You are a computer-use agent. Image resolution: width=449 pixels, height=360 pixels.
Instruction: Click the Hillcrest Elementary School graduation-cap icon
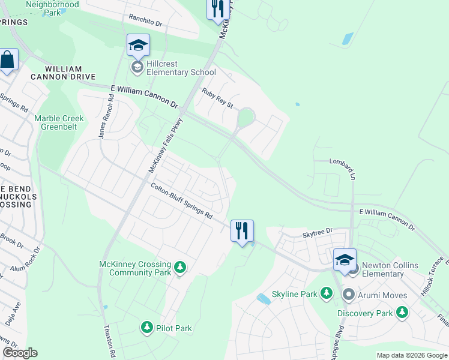coord(138,46)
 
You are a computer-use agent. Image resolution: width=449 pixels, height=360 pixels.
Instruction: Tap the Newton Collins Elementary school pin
coord(345,260)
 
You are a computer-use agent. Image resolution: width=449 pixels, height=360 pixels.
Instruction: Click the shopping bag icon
coord(7,60)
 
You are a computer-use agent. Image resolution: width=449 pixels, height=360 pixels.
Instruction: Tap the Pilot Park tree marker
coord(146,328)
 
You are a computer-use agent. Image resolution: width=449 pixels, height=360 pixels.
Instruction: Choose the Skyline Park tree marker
coord(326,293)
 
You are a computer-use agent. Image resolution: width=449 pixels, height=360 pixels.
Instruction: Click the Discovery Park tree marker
coord(402,313)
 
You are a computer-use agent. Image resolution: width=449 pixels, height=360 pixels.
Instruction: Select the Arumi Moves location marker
coord(348,295)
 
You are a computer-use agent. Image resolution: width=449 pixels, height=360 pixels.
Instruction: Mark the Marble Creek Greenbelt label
coord(59,122)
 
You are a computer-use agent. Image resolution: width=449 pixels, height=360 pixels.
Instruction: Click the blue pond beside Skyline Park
coord(263,299)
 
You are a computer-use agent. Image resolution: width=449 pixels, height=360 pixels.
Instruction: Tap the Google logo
coord(20,353)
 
